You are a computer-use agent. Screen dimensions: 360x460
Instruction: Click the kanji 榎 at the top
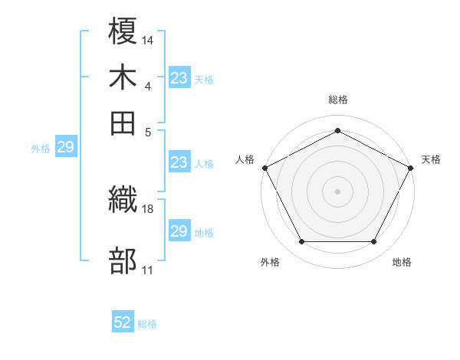click(123, 32)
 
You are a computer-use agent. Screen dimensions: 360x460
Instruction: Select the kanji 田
click(123, 121)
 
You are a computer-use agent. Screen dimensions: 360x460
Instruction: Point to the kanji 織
click(123, 201)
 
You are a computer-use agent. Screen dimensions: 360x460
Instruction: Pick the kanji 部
click(123, 260)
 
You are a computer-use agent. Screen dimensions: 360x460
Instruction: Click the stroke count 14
click(148, 39)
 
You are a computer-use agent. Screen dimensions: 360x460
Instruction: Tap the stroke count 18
click(148, 208)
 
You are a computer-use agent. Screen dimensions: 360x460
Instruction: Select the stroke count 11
click(147, 269)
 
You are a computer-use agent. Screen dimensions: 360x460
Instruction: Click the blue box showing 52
click(123, 322)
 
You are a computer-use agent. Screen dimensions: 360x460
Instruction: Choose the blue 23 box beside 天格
click(179, 77)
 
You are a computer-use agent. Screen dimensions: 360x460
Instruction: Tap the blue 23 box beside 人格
click(179, 162)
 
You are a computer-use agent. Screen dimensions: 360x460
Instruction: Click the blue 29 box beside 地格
click(179, 231)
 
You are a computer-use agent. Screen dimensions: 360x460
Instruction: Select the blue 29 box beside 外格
click(65, 148)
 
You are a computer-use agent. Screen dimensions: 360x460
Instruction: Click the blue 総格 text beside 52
click(147, 324)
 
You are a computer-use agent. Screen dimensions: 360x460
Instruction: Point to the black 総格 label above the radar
click(337, 100)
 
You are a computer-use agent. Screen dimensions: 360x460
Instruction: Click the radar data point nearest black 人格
click(264, 167)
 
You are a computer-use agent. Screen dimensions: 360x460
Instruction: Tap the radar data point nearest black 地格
click(373, 242)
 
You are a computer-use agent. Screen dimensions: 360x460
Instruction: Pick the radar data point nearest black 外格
click(301, 242)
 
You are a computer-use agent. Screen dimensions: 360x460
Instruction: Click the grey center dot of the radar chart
click(337, 191)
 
